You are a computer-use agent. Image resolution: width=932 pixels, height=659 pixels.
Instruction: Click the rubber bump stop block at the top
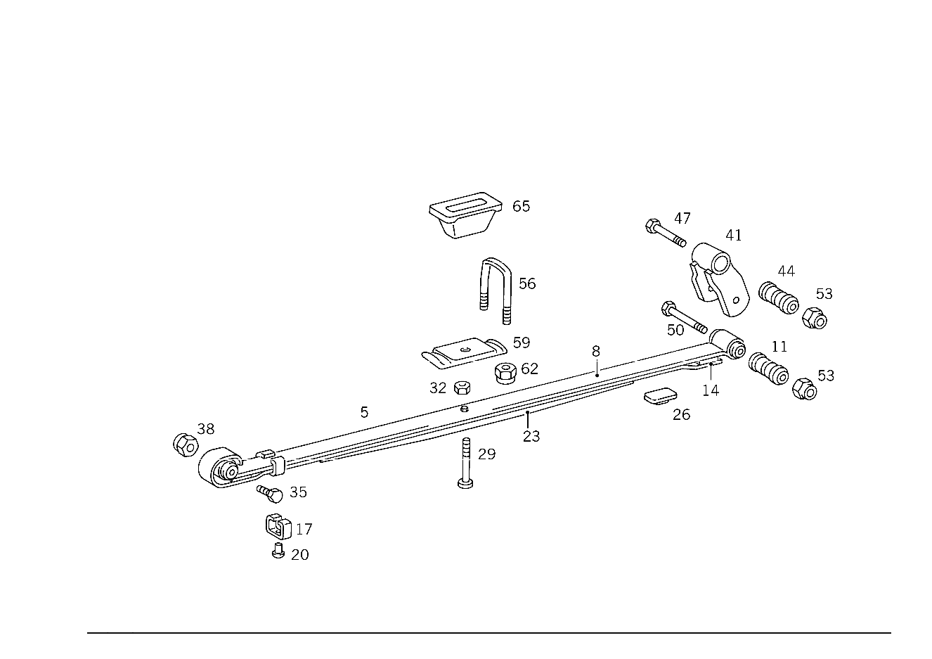tap(465, 214)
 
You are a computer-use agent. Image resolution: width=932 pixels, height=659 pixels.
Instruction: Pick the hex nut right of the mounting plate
tap(506, 373)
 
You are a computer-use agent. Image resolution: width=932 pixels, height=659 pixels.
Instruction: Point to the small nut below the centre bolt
tap(465, 482)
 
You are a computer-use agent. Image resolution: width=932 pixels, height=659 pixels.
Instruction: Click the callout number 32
tap(439, 387)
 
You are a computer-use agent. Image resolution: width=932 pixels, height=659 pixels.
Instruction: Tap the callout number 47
tap(785, 270)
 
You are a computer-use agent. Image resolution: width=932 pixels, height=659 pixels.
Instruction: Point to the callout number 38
tap(205, 428)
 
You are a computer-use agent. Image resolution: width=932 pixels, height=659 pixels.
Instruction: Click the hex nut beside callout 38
tap(186, 446)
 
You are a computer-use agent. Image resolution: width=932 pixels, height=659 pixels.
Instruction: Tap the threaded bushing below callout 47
tap(779, 299)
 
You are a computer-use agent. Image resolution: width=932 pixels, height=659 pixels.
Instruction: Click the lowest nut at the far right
tap(805, 388)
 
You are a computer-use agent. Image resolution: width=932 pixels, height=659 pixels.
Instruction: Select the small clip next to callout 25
tap(659, 397)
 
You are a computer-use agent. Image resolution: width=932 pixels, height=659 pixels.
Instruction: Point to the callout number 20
tap(486, 454)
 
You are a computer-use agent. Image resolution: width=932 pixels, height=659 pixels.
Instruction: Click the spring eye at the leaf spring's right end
tap(728, 345)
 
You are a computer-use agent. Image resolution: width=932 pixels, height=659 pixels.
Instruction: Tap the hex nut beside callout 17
tap(276, 524)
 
